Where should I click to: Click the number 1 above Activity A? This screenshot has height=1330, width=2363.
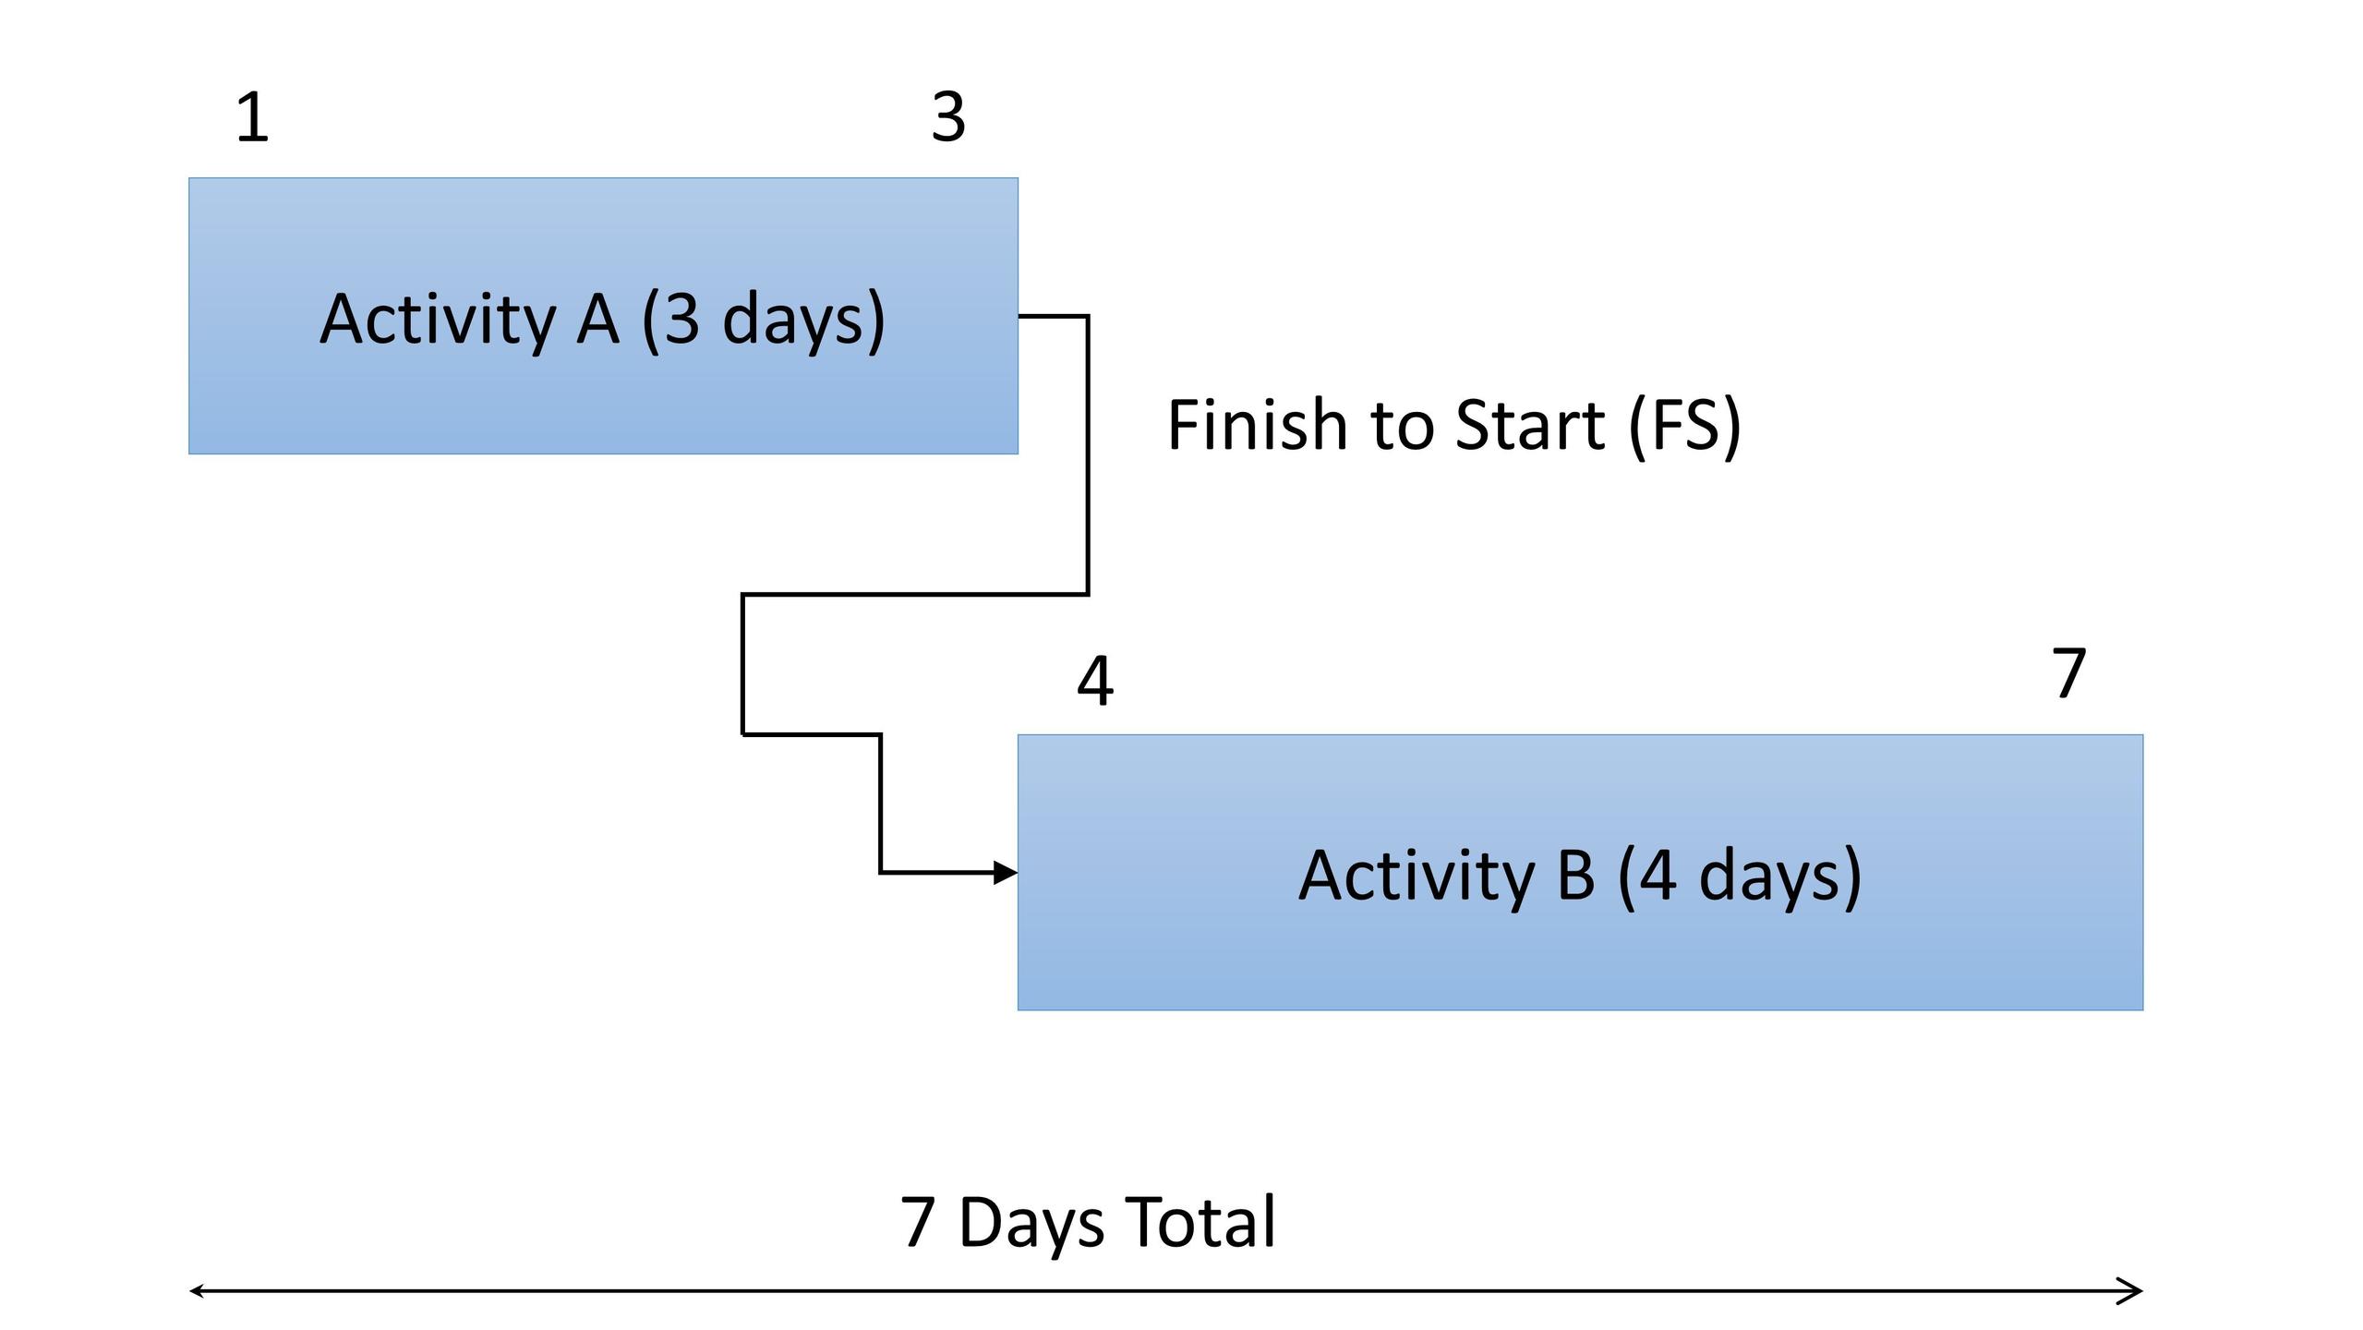253,117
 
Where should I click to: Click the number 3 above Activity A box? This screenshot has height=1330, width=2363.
948,117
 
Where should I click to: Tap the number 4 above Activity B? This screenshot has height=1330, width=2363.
1095,682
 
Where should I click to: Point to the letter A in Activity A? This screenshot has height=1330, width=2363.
597,320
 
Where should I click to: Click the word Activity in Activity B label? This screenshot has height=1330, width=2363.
1417,877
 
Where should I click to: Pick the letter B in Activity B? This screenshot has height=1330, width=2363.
1575,876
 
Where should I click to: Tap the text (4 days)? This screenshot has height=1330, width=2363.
1740,877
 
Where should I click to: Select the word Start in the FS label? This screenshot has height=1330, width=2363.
1530,426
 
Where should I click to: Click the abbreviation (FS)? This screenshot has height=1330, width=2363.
1684,426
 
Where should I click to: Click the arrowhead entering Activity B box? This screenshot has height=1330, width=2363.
1006,872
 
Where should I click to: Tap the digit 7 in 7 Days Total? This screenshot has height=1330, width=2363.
916,1222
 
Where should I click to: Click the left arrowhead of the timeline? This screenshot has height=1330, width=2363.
196,1291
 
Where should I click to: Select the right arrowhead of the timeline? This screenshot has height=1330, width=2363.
2129,1291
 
